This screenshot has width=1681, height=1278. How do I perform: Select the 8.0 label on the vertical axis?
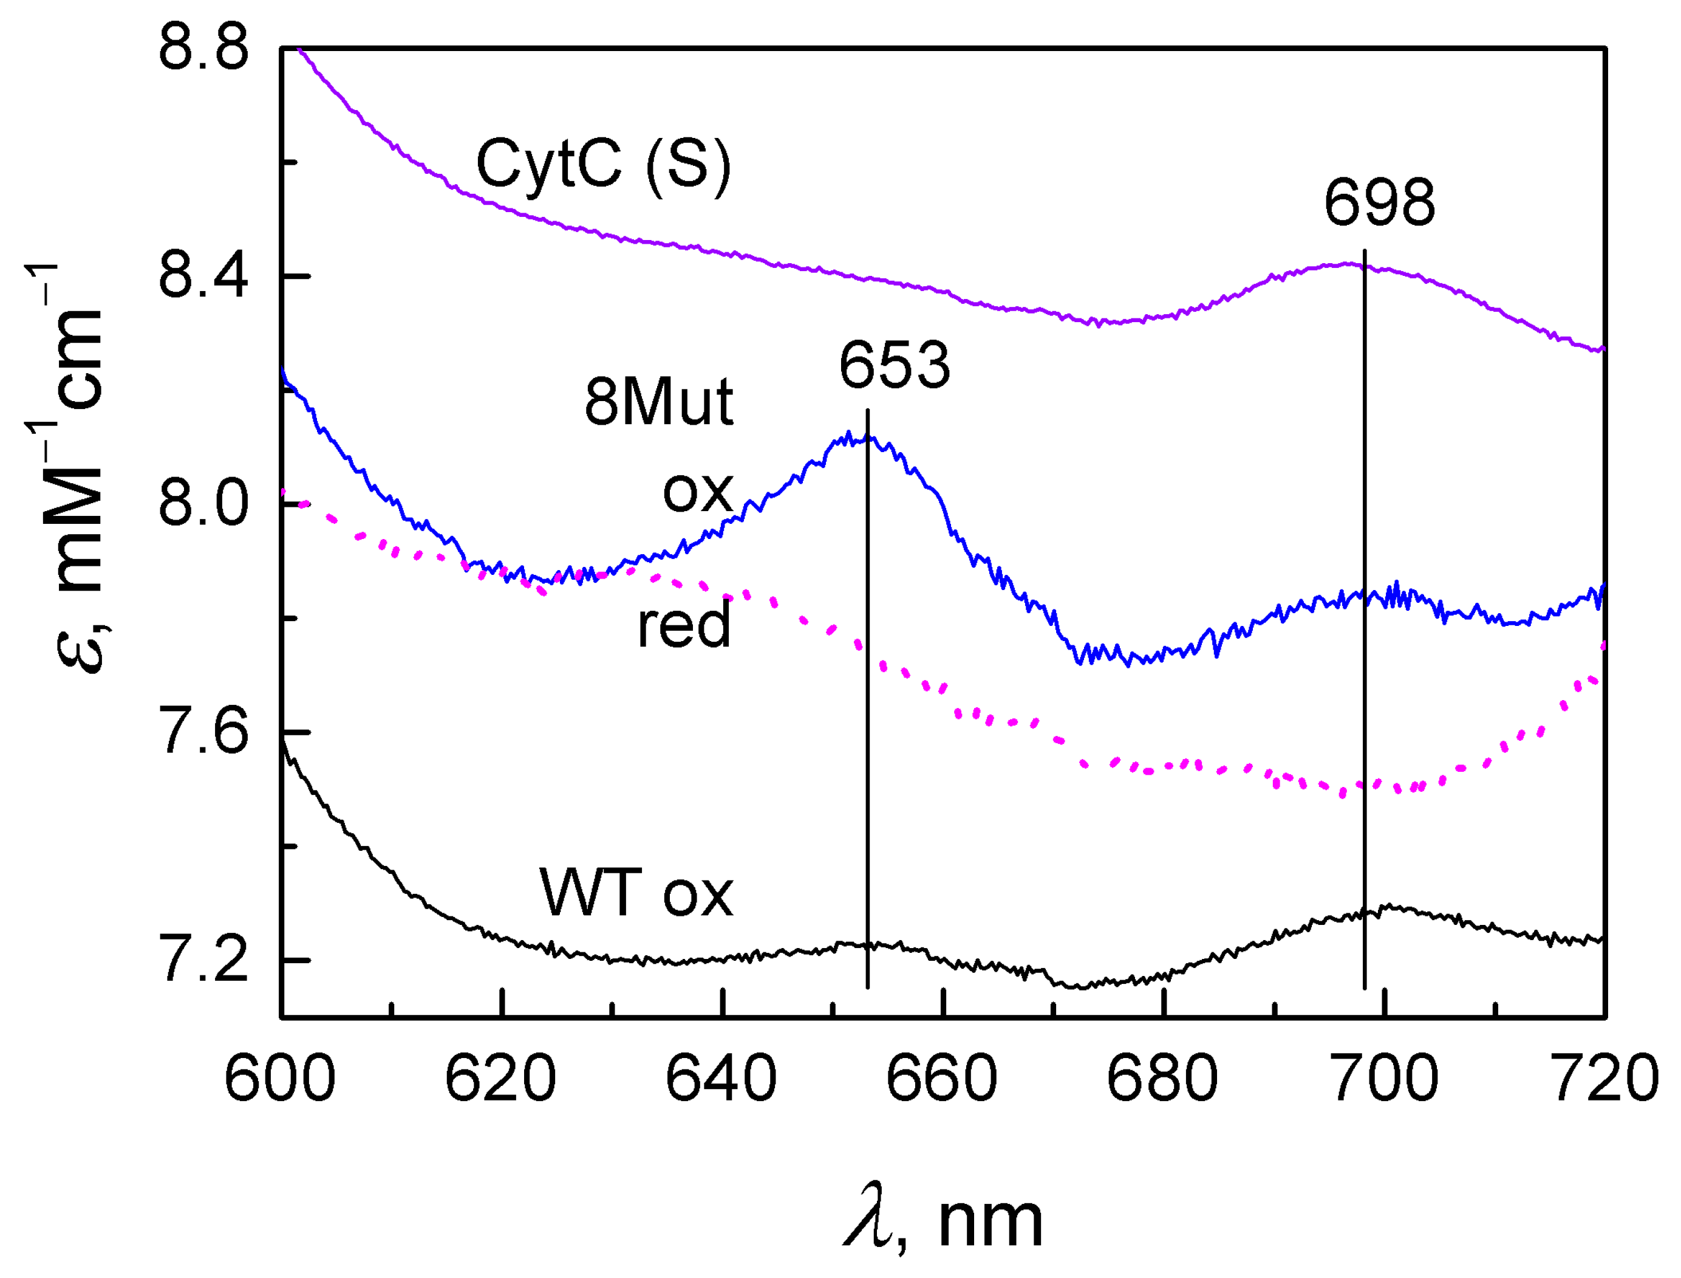(x=203, y=504)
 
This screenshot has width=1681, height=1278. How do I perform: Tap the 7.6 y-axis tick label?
(x=203, y=732)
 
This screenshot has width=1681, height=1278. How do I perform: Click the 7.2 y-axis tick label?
(x=203, y=960)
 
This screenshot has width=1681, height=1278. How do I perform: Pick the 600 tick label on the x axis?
(x=280, y=1079)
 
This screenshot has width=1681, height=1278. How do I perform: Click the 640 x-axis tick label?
(x=721, y=1079)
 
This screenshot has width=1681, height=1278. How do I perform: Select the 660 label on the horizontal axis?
(x=941, y=1079)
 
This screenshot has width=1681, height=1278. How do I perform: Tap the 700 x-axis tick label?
(x=1383, y=1079)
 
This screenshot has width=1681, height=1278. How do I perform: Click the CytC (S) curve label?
(x=603, y=166)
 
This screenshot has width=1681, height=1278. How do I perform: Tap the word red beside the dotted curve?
(x=683, y=625)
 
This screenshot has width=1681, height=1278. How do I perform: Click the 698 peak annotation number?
(x=1379, y=203)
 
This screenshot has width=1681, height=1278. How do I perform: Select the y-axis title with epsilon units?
(x=76, y=468)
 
